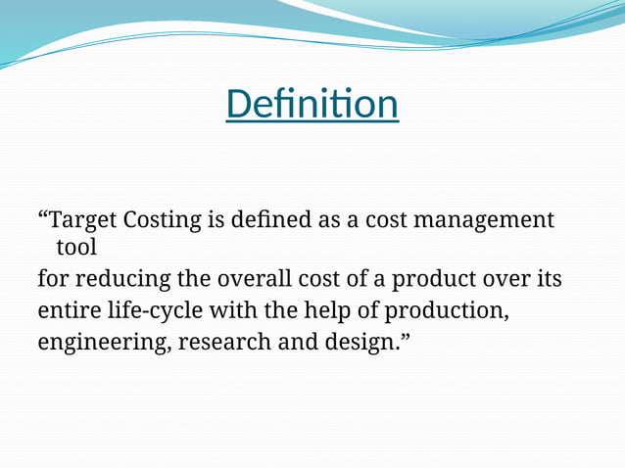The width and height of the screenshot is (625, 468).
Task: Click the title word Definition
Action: click(x=312, y=104)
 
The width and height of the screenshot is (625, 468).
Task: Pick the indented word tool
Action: click(x=76, y=249)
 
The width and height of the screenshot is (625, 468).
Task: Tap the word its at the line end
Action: click(x=549, y=279)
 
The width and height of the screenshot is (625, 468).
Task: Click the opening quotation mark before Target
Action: click(x=42, y=215)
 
